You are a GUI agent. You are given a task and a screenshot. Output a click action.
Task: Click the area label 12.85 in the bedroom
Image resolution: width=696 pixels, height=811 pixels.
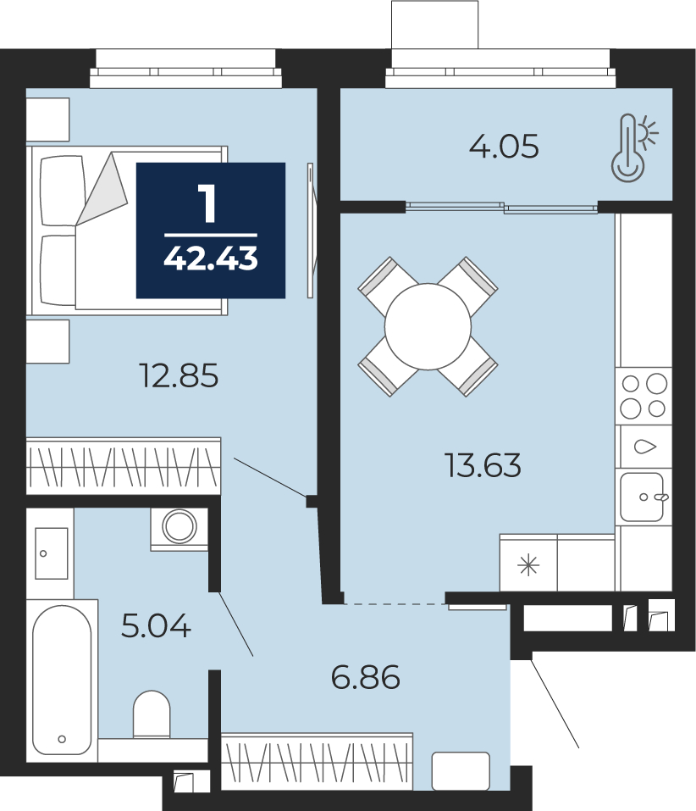pos(179,375)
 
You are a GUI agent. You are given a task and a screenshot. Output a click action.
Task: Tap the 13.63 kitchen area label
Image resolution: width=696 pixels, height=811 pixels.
pos(483,464)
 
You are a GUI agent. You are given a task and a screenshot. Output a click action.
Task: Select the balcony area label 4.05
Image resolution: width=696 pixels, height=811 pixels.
pos(504,146)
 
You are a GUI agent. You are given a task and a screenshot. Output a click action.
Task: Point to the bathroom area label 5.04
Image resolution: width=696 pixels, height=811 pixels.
pos(156,625)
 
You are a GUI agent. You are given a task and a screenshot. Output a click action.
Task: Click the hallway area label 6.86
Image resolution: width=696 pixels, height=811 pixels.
pos(365,677)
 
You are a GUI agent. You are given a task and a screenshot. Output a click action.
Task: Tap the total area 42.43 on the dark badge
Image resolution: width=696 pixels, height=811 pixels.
pos(211,258)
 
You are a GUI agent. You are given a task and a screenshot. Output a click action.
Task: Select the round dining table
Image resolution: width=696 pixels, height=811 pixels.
pos(428,326)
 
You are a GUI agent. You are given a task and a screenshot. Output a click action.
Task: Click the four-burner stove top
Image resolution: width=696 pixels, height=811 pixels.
pos(644,397)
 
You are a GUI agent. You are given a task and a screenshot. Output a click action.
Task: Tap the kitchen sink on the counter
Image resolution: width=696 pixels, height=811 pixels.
pos(643,497)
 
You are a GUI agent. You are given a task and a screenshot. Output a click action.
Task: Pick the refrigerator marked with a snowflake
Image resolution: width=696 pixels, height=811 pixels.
pos(528,564)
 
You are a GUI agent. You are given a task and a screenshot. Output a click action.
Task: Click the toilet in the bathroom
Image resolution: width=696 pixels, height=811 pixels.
pos(152,714)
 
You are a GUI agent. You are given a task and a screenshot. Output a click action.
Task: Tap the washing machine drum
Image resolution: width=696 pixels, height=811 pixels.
pos(180,526)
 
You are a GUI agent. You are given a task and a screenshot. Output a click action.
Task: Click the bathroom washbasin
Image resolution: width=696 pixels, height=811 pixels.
pos(51,553)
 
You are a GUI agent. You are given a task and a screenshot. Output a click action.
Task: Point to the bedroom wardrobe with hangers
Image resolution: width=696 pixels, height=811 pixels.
pos(124,466)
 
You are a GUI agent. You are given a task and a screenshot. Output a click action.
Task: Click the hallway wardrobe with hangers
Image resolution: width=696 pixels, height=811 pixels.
pos(318,762)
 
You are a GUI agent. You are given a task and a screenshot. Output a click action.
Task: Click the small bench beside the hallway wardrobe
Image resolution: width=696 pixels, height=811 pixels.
pos(461,770)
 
